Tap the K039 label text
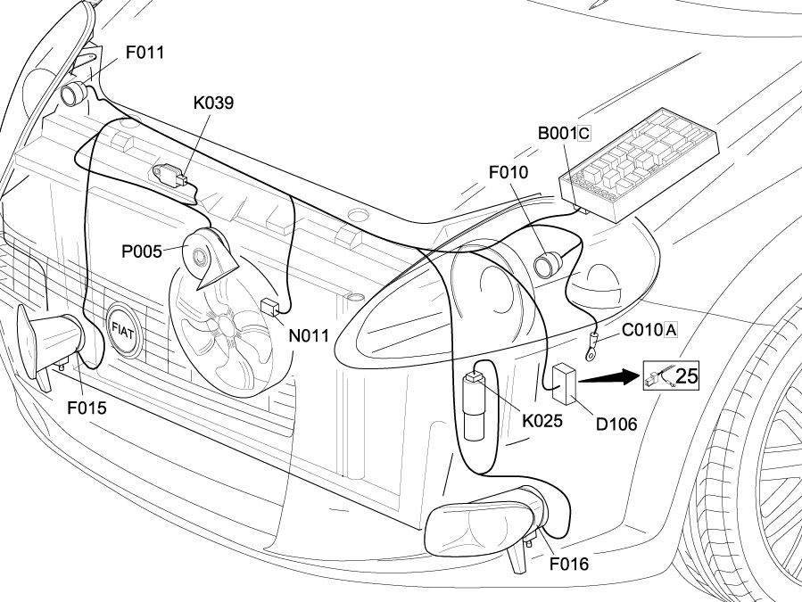click(213, 103)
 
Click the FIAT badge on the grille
click(121, 327)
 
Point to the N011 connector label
click(309, 336)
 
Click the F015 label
click(87, 408)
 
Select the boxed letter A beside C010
click(671, 330)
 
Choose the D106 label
click(616, 424)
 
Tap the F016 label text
click(569, 564)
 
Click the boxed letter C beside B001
click(584, 134)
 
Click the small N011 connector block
click(270, 306)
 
